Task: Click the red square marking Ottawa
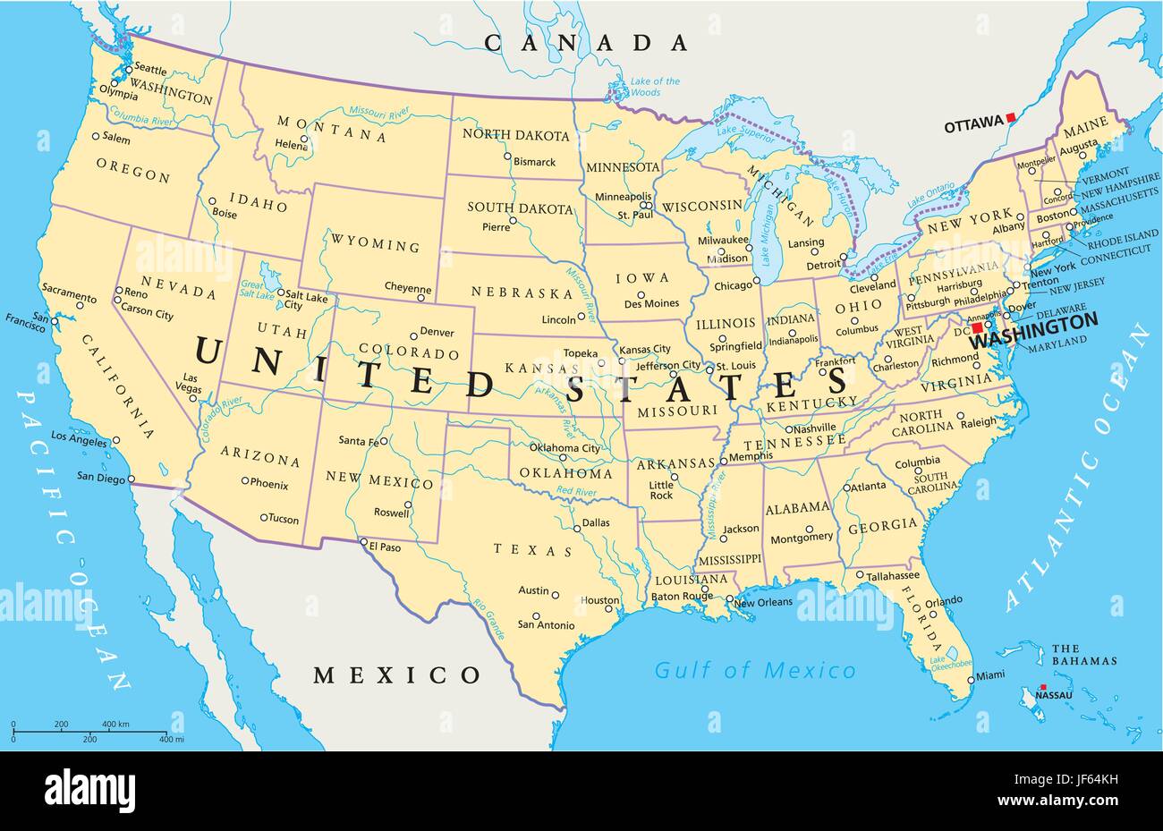pos(1010,117)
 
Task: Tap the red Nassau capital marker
pos(1040,687)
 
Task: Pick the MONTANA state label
pos(331,129)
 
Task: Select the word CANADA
pos(586,42)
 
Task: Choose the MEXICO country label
pos(396,674)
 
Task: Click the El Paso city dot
pos(363,542)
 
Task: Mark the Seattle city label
pos(150,69)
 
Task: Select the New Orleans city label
pos(763,602)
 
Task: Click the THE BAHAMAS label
pos(1084,655)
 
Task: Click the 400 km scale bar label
pos(115,724)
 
